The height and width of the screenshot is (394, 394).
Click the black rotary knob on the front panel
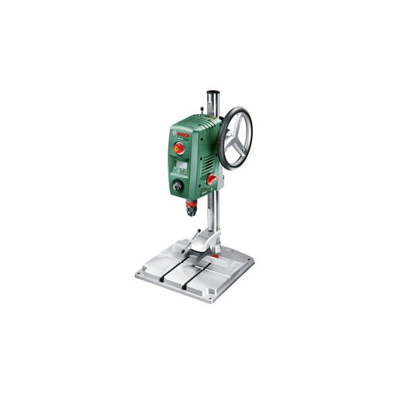click(178, 187)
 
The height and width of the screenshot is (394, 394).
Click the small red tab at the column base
click(216, 255)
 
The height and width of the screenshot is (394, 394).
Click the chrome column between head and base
click(214, 214)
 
